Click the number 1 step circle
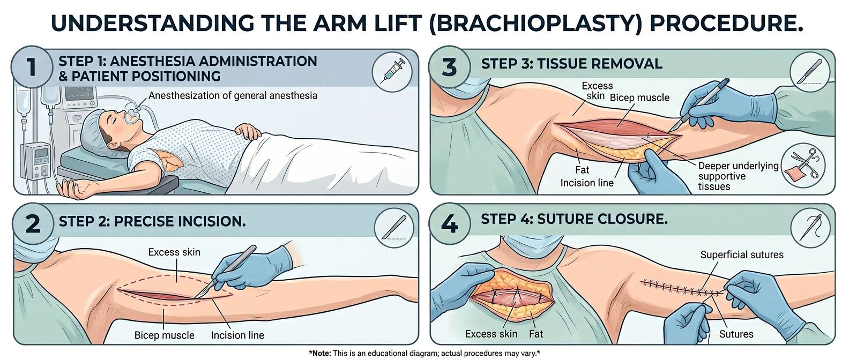(32, 69)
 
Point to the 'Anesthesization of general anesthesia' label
(233, 96)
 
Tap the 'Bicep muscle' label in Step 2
(164, 336)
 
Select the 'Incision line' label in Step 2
(237, 336)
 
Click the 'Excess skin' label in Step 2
(174, 252)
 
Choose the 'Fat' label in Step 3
(582, 170)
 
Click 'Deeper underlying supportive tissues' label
(738, 176)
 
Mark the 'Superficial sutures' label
(742, 255)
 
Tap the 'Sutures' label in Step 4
(736, 334)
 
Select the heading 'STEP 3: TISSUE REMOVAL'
(571, 64)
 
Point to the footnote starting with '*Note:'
(424, 354)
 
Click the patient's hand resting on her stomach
(249, 131)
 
